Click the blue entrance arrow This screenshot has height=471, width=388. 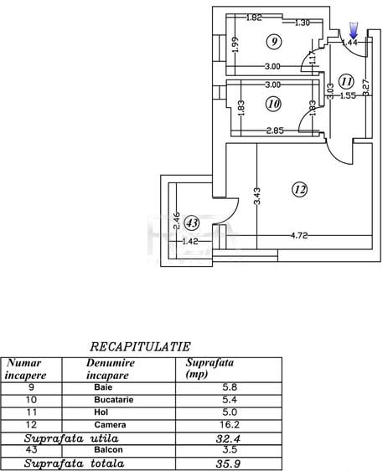point(354,30)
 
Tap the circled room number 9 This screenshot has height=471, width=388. point(274,41)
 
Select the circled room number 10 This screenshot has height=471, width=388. point(273,104)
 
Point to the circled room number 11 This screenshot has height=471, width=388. point(346,81)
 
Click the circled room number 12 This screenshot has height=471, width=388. point(300,190)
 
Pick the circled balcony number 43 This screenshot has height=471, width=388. point(192,223)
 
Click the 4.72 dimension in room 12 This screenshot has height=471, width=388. point(299,236)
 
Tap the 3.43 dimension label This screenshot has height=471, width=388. point(257,196)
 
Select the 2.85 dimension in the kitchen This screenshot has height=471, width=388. point(275,131)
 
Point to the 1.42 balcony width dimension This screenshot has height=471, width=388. point(190,241)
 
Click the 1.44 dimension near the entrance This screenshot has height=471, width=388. point(349,43)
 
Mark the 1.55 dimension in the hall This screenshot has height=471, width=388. point(348,95)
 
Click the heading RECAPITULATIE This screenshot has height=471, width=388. point(140,346)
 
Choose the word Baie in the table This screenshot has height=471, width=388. point(103,387)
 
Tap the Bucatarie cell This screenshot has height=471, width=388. point(114,400)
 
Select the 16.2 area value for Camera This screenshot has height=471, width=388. point(230,424)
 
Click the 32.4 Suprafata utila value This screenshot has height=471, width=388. point(228,439)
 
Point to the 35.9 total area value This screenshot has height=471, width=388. point(228,463)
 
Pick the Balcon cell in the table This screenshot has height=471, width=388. point(108,450)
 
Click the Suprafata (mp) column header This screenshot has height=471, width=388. point(210,368)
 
